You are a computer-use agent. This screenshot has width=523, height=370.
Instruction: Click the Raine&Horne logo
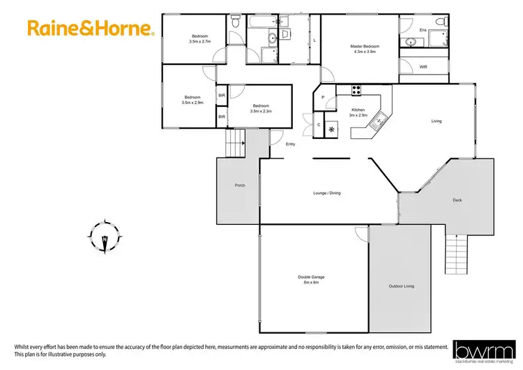[x=90, y=29]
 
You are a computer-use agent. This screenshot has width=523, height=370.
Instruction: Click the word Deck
[x=457, y=200]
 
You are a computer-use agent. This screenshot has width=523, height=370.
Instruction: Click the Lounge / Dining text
[x=326, y=193]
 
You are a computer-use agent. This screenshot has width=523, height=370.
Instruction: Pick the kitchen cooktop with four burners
[x=356, y=89]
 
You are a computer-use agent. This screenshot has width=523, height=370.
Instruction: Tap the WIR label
[x=423, y=67]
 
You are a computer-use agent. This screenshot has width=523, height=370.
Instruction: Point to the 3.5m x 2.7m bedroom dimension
[x=199, y=41]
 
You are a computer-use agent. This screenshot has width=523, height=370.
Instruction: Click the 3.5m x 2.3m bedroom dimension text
[x=262, y=110]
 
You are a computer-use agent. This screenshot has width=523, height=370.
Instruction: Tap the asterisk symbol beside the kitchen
[x=332, y=129]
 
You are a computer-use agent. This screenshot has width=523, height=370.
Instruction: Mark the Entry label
[x=291, y=145]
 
